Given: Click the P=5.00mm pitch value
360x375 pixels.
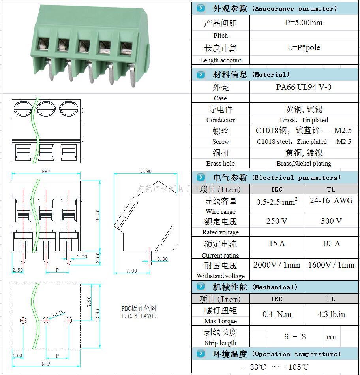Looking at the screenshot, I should pos(304,23).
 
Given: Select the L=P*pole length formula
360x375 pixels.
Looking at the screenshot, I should pos(304,48).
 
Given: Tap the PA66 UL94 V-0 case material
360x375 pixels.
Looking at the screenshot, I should pos(304,87).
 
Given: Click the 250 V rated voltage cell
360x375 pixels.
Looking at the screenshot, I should pos(277,221).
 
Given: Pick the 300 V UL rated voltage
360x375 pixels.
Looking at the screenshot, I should pos(331,221).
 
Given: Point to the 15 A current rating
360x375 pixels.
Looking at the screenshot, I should pos(277,244).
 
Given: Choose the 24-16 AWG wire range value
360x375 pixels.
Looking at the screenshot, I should pos(331,201).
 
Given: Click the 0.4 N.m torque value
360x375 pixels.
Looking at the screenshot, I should pos(277,315).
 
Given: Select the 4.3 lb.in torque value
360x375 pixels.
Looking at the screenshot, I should pos(331,315).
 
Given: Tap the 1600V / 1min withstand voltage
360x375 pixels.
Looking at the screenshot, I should pos(331,265).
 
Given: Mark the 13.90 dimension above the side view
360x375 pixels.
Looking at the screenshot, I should pos(145,171).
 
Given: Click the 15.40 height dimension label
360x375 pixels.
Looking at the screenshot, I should pos(97,215).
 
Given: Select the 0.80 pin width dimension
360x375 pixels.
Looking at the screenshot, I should pos(162,259).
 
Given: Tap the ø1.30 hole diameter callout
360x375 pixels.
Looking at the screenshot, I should pos(58,313).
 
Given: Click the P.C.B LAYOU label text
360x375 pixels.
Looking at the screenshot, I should pos(139,316).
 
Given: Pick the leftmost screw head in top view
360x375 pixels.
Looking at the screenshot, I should pos(22,108).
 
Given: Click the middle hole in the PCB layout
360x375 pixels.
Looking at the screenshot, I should pos(46,320).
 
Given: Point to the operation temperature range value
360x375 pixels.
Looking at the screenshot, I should pos(275,367).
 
